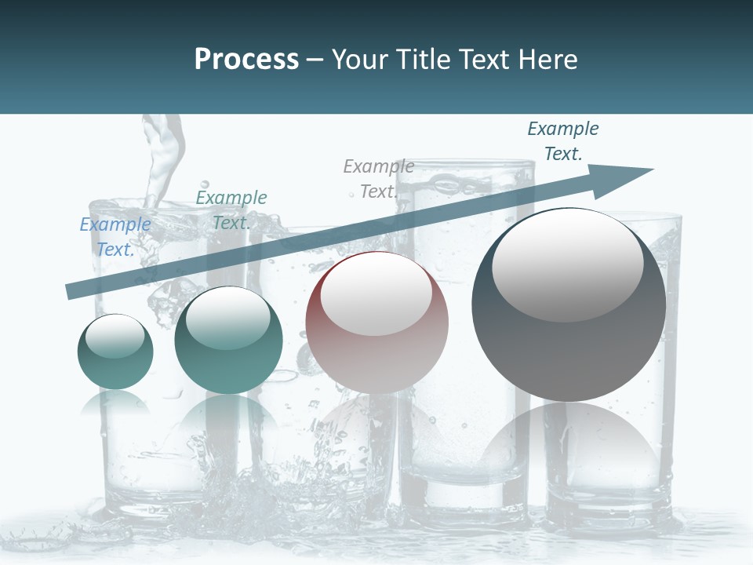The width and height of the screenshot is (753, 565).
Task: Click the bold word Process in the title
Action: click(x=246, y=60)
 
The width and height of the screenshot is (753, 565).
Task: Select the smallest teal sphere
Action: click(x=115, y=352)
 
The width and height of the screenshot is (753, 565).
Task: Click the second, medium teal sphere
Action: click(x=227, y=341)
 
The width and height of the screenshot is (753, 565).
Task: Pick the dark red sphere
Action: click(x=376, y=323)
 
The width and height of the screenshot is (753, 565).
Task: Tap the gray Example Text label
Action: click(x=379, y=179)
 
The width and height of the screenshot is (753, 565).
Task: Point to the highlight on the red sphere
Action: click(x=376, y=293)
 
